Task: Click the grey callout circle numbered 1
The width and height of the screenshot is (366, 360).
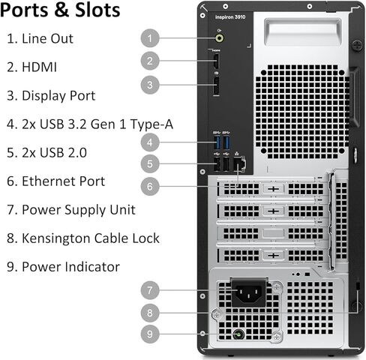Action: coord(150,38)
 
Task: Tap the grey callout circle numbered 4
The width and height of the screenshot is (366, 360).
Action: coord(150,142)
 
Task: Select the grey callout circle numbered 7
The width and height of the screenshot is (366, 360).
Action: coord(150,290)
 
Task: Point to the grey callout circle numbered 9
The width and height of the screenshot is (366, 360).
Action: coord(150,334)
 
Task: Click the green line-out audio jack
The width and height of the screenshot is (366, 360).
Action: coord(220,38)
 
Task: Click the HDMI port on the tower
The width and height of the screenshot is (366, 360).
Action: coord(217,61)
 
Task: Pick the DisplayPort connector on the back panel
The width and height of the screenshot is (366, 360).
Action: coord(216,86)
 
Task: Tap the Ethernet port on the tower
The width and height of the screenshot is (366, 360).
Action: coord(239,164)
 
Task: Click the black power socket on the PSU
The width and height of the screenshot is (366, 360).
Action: coord(249,292)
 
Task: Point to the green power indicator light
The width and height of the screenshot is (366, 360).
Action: coord(238,334)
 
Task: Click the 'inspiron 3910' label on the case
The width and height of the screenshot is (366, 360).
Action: coord(230,17)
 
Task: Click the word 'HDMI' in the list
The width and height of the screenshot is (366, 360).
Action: coord(39,67)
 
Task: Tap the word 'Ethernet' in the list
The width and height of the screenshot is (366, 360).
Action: coord(49,181)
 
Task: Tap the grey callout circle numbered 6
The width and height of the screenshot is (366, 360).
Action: coord(150,186)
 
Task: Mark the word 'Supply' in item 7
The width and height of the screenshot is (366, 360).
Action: coord(85,210)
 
